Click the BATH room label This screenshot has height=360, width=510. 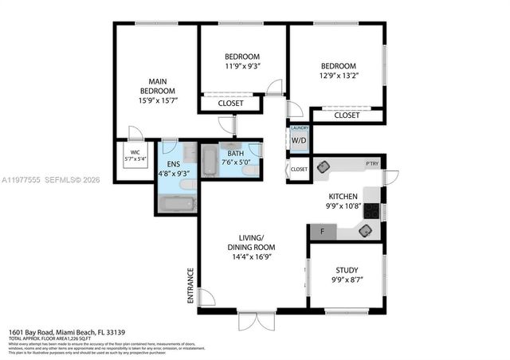click(236, 154)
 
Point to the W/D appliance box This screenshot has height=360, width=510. click(299, 141)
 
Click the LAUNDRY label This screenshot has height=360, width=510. click(299, 128)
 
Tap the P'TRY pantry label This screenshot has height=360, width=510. click(372, 164)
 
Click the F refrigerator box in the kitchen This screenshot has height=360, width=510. click(321, 232)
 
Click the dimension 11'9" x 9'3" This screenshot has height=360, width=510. click(241, 67)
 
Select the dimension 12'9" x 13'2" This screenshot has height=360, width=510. click(339, 76)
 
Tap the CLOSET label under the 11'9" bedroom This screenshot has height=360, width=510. click(232, 103)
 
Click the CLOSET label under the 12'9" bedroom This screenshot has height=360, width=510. click(347, 115)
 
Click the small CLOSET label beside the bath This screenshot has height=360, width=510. click(299, 169)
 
